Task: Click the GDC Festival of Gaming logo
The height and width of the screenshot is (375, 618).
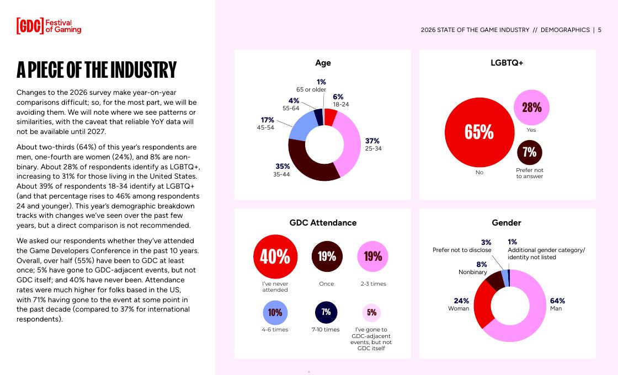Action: click(49, 26)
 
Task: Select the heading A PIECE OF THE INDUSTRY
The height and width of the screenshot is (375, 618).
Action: click(97, 70)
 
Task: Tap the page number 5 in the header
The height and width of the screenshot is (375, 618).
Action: click(599, 30)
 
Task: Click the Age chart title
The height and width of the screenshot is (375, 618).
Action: click(323, 63)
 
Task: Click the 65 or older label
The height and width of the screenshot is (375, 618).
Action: click(311, 89)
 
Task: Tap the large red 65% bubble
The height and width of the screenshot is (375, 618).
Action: click(479, 132)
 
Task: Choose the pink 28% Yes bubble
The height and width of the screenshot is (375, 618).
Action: click(531, 108)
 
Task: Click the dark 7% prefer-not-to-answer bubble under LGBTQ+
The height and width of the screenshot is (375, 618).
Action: click(530, 152)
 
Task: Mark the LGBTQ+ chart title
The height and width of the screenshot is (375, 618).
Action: click(507, 63)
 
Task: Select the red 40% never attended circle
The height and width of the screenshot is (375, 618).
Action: click(275, 256)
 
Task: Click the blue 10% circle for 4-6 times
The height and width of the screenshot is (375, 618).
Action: click(275, 313)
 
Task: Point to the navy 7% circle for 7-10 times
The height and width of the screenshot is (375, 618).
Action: click(326, 312)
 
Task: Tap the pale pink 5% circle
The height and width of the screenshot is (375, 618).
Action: click(372, 313)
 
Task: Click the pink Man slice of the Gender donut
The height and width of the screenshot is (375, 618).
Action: click(530, 320)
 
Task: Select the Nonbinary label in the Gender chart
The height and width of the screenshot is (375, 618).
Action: click(473, 272)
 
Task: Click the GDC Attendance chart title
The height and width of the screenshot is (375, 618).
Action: click(323, 223)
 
